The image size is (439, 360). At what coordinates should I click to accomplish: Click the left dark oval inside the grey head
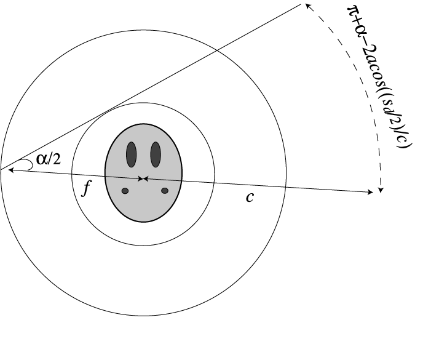click(131, 154)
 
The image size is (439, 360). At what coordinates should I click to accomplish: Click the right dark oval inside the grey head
click(156, 154)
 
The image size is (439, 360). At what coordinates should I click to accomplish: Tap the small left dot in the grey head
click(125, 191)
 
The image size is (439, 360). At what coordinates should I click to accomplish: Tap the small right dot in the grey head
click(165, 191)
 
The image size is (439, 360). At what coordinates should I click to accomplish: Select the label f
click(86, 188)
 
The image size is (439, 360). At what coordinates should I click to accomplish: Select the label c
click(250, 198)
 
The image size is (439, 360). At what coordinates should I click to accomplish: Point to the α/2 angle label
click(49, 159)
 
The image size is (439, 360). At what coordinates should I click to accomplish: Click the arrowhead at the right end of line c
click(370, 193)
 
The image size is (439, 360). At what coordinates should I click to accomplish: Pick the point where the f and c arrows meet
click(143, 178)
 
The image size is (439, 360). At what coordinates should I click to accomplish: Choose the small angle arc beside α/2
click(26, 164)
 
